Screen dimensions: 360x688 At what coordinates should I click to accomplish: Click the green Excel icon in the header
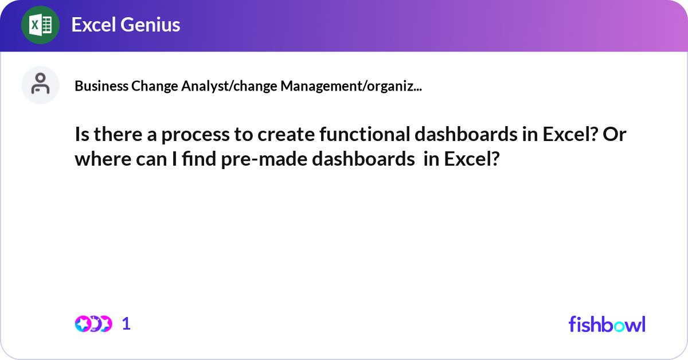coord(40,25)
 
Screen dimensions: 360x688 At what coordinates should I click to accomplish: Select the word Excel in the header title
coord(93,25)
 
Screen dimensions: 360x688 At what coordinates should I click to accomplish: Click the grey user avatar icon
coord(40,84)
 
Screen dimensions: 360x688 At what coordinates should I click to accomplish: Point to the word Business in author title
coord(101,87)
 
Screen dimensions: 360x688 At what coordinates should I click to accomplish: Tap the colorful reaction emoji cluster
coord(93,324)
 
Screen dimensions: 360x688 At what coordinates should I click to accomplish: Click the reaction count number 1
coord(126,324)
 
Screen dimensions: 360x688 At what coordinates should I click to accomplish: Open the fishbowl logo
coord(607,324)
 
